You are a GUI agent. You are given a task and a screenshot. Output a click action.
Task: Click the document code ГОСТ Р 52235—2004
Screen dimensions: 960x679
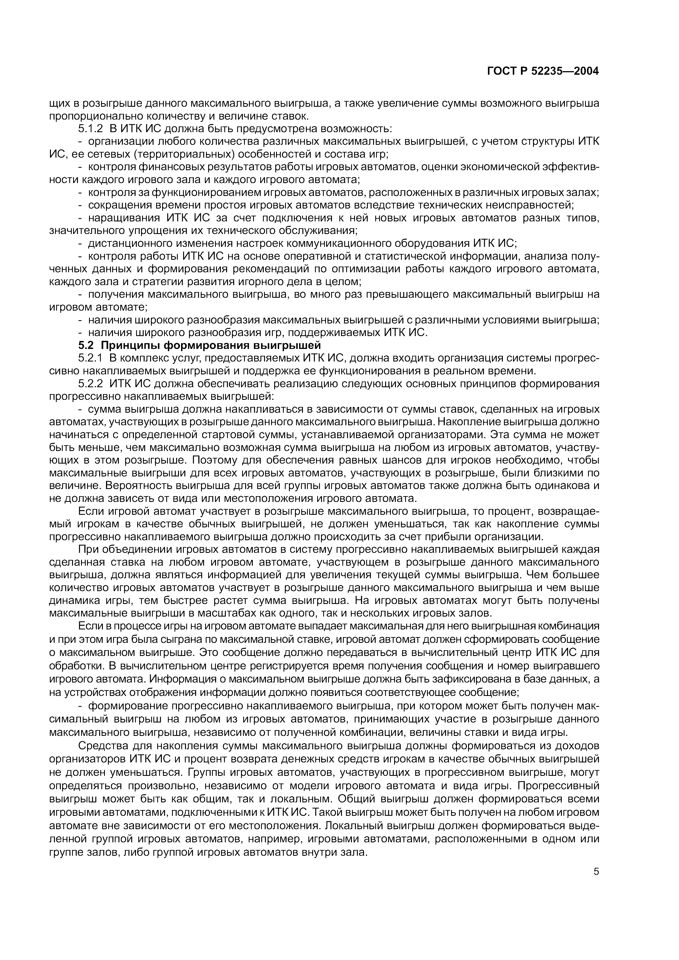click(543, 71)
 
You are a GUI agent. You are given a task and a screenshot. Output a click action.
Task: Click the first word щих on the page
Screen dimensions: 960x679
click(60, 103)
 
